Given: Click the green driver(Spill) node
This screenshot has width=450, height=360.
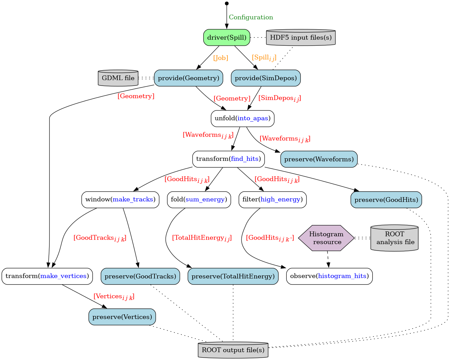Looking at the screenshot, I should tap(227, 37).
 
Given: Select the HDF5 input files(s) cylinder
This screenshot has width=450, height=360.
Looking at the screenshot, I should tap(301, 37).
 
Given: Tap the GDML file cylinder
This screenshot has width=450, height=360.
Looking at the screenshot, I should tap(118, 78).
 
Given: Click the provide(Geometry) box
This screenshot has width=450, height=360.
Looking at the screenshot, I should tap(189, 78).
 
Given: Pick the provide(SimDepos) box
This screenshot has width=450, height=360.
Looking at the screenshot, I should tap(266, 78).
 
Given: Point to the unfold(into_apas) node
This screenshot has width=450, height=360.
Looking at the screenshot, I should tap(242, 119).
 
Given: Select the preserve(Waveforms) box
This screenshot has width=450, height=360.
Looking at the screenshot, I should tap(319, 159).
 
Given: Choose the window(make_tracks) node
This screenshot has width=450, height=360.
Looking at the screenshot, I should tap(120, 199).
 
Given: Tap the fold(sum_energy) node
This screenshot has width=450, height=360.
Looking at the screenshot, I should tap(199, 199).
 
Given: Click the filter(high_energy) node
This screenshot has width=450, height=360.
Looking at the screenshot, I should tap(272, 199).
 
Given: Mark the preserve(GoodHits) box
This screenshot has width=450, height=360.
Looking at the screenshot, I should tap(386, 200).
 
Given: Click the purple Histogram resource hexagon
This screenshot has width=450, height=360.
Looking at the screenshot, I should tap(327, 238).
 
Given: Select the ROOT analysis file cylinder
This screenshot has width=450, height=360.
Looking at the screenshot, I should tap(394, 238).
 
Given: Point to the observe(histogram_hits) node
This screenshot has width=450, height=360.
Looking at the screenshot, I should tap(329, 276).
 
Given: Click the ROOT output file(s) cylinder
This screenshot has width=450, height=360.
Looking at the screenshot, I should tap(233, 350).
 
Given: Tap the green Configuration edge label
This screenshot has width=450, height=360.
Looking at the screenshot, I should tap(251, 17).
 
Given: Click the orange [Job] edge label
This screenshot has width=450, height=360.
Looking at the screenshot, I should tap(221, 58).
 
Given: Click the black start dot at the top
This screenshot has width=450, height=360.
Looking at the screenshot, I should tap(227, 3).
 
